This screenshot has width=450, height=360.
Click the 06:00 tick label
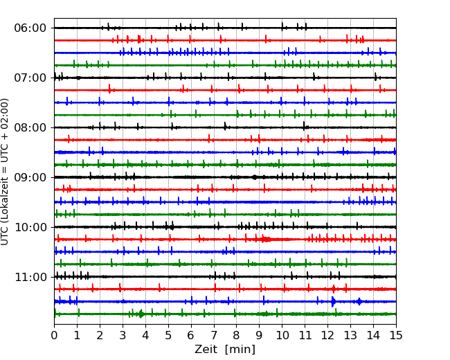[30, 28]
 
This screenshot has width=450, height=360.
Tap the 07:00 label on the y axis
[30, 78]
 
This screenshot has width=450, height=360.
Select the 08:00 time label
[30, 127]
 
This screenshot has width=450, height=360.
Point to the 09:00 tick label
[30, 177]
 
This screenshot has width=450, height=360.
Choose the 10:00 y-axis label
[30, 227]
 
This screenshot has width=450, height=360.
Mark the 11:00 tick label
[30, 277]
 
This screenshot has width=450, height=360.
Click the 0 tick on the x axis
[54, 336]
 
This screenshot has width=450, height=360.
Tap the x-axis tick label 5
[168, 336]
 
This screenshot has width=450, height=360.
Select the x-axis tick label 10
[282, 336]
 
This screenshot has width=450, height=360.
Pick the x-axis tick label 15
[396, 336]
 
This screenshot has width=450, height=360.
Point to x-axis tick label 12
[327, 336]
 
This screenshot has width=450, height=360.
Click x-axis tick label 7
[214, 336]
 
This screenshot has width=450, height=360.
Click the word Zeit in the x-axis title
[208, 350]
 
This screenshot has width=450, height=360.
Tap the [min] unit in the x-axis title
[241, 350]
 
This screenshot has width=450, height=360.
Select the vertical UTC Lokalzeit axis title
[6, 171]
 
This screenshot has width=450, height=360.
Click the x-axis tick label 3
[123, 336]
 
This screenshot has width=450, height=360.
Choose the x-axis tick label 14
[373, 336]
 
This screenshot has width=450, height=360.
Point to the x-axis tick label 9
[259, 336]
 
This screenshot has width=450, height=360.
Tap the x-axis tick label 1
[77, 336]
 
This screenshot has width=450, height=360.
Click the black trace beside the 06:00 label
[138, 28]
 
